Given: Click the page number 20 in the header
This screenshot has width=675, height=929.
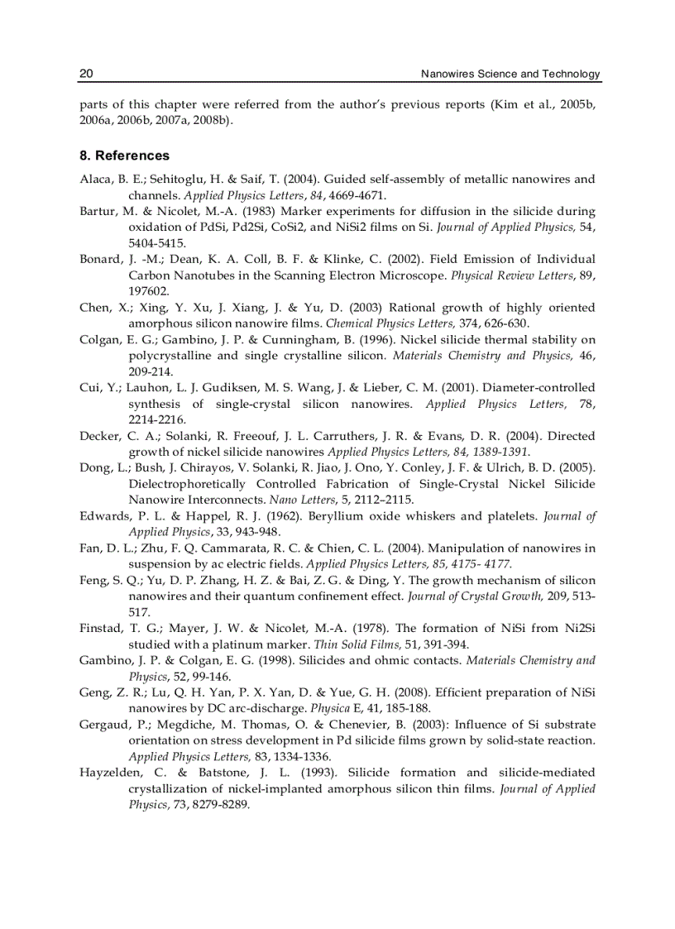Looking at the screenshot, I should (86, 74).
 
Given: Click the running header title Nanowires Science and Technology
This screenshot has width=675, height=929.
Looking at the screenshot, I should (510, 74).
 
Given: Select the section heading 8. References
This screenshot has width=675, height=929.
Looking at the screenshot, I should (124, 156).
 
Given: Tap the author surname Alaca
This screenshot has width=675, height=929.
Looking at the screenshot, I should (95, 179).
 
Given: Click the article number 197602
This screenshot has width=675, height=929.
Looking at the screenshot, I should (150, 291).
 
